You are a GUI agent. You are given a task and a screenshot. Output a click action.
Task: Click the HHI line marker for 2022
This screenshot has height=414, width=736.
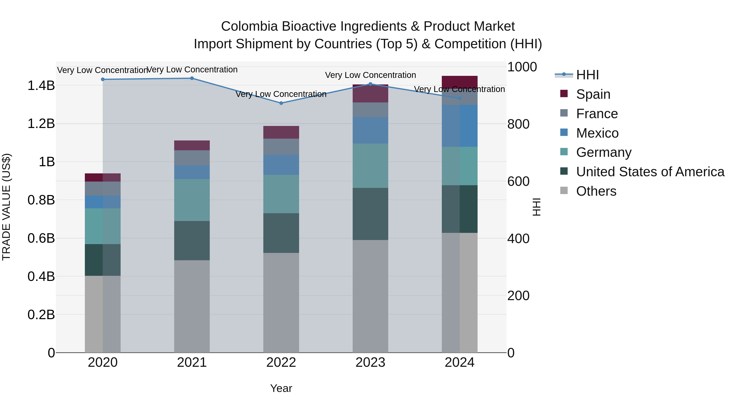coord(281,103)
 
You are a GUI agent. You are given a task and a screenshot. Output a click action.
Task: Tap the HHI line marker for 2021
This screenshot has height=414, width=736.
coord(192,78)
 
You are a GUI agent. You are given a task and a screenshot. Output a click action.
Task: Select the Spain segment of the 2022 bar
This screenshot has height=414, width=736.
coord(281,132)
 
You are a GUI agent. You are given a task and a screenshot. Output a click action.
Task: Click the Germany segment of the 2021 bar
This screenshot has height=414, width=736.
coord(192,200)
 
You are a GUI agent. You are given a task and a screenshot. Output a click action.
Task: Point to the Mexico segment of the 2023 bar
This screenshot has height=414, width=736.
coord(370,130)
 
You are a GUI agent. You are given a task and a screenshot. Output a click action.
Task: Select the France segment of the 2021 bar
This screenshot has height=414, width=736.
coord(192,158)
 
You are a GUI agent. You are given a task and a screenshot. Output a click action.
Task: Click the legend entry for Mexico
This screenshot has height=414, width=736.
coord(597,133)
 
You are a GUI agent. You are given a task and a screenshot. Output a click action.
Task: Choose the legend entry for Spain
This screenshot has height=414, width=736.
coord(593,94)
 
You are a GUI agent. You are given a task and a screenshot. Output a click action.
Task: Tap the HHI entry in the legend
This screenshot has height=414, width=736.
coord(587,75)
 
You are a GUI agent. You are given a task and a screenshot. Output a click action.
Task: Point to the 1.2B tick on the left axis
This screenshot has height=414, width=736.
coord(41,124)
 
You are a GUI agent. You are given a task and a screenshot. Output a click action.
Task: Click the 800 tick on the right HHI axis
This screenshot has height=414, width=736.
coord(518,124)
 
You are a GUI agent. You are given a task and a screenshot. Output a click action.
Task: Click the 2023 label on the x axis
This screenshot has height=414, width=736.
coord(370,362)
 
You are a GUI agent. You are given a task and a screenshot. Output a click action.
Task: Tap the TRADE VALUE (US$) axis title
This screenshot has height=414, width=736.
coord(6,207)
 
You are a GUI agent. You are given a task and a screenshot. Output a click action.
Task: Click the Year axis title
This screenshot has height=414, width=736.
coord(281,388)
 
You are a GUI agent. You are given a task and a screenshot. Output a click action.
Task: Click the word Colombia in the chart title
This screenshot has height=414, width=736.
coord(249,26)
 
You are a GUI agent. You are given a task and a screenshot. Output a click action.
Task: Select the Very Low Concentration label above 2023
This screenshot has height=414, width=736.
coord(370,75)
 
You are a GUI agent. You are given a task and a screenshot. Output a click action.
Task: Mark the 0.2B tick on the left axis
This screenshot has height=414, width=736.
coord(41,315)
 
